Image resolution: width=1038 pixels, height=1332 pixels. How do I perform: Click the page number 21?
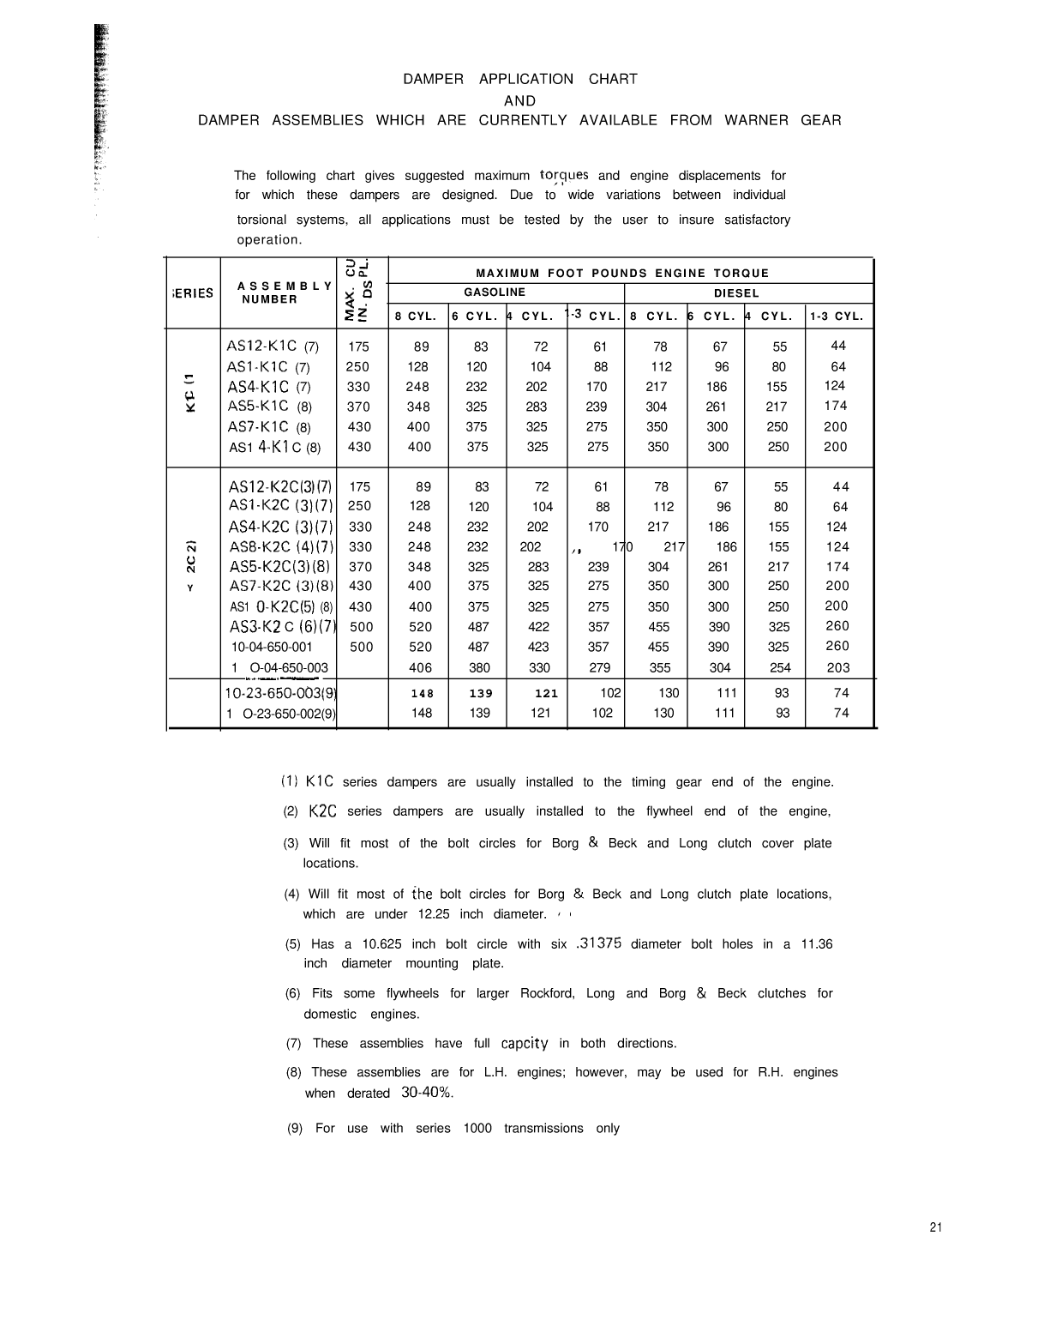coord(935,1227)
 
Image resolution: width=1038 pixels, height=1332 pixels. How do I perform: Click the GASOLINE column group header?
coord(495,292)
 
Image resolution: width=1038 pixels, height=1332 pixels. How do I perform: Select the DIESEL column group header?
coord(736,293)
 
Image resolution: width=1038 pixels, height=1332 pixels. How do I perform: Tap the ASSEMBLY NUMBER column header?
coord(272,292)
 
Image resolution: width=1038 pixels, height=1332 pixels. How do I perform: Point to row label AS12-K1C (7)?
coord(273,347)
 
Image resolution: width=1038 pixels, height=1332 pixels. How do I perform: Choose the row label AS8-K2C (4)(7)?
coord(281,546)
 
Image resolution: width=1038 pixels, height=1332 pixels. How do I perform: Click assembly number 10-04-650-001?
coord(272,647)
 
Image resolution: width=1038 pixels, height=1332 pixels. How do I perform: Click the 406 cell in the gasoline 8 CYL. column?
coord(421,667)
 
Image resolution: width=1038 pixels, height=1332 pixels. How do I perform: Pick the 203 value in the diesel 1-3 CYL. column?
coord(838,667)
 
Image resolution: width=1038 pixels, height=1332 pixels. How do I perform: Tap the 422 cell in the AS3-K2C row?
coord(539,627)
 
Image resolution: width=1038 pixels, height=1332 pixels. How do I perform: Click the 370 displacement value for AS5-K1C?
coord(359,407)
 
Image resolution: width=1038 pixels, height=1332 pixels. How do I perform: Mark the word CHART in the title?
coord(613,79)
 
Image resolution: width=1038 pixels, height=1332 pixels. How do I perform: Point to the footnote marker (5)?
coord(293,944)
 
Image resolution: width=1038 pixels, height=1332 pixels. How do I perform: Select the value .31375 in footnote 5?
coord(599,943)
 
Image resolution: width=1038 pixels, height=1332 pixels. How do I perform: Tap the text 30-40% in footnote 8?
coord(427,1093)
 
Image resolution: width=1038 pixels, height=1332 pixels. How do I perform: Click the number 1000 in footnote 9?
coord(477,1129)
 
